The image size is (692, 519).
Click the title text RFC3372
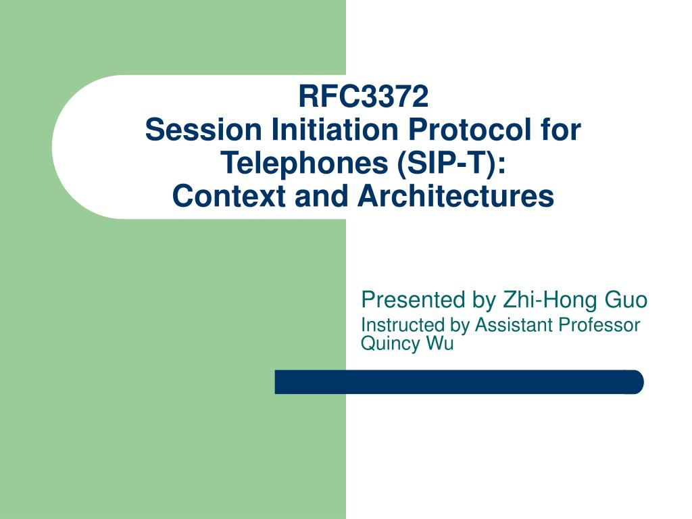pos(364,97)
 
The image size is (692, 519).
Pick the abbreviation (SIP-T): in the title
pos(450,163)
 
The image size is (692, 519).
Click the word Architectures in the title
pos(456,196)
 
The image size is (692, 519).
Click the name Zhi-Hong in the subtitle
pos(537,299)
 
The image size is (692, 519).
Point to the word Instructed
pos(403,325)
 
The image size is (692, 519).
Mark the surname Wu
pos(440,343)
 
